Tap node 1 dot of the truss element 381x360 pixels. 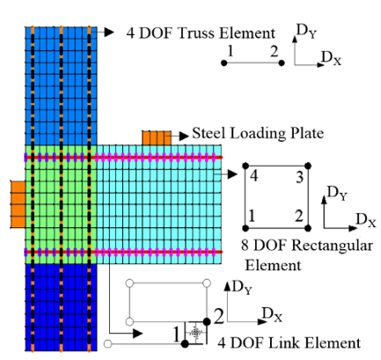(x=223, y=62)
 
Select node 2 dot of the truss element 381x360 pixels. (x=282, y=62)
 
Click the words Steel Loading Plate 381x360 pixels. (x=258, y=134)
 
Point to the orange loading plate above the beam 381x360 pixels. (x=157, y=138)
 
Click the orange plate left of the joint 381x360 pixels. (x=18, y=204)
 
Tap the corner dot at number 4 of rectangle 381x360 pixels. (x=245, y=166)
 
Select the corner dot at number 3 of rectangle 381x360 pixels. (x=308, y=166)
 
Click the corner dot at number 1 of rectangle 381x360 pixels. (x=245, y=228)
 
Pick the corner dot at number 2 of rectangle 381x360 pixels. (x=308, y=228)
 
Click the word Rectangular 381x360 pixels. (x=333, y=246)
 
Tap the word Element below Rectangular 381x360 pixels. (x=273, y=266)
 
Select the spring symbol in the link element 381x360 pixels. (x=194, y=333)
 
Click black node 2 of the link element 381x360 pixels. (x=207, y=322)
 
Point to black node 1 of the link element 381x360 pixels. (x=185, y=344)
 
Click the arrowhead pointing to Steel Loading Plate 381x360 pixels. (x=184, y=136)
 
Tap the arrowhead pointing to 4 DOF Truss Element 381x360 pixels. (x=109, y=32)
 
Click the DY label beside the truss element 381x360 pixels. (x=307, y=31)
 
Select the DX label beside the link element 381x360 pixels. (x=272, y=314)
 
